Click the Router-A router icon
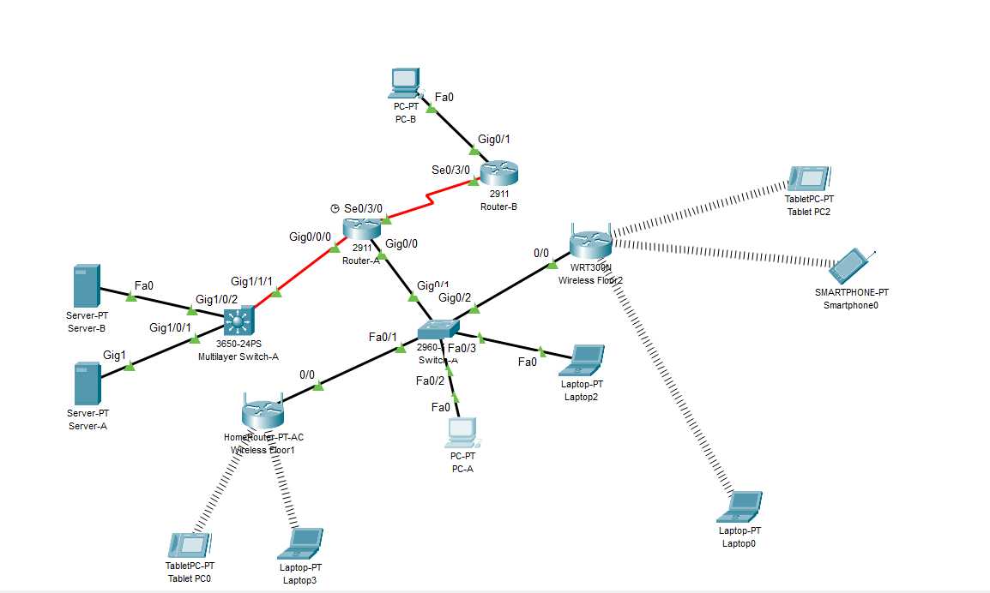pos(361,229)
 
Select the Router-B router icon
pos(498,174)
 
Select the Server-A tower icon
pos(86,383)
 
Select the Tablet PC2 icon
pos(809,179)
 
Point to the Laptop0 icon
pos(740,506)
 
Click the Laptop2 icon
pos(583,360)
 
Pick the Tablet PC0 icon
pos(189,545)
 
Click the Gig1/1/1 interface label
pos(251,281)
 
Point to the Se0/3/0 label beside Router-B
pos(450,170)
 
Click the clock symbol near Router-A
pos(335,208)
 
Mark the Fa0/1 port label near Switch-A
pos(383,337)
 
